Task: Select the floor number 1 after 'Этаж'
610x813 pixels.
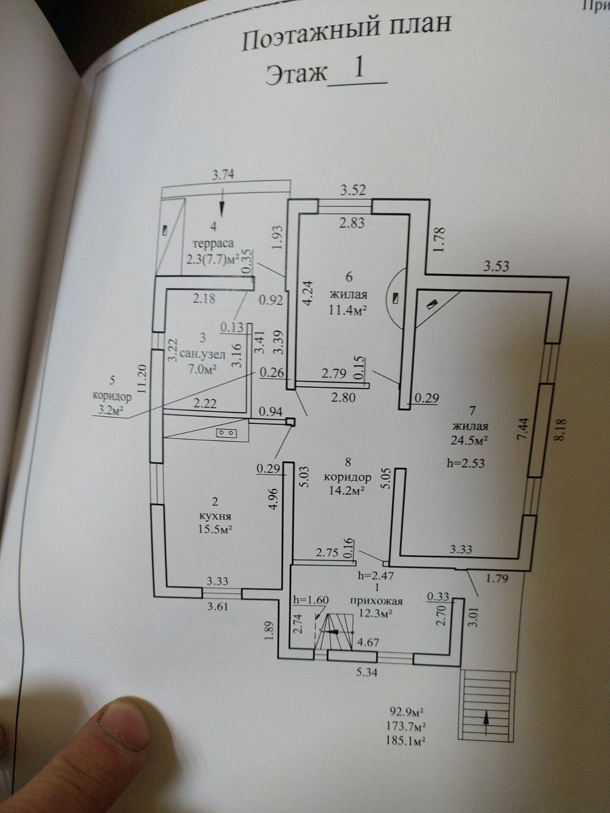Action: click(358, 70)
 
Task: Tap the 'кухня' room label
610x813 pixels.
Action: click(214, 515)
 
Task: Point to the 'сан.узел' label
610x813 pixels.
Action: click(200, 355)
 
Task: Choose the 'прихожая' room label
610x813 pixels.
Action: click(377, 601)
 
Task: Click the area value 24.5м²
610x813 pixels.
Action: click(469, 441)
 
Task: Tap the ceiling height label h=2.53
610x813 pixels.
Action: click(465, 463)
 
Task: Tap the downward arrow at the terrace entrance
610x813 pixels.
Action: click(222, 207)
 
